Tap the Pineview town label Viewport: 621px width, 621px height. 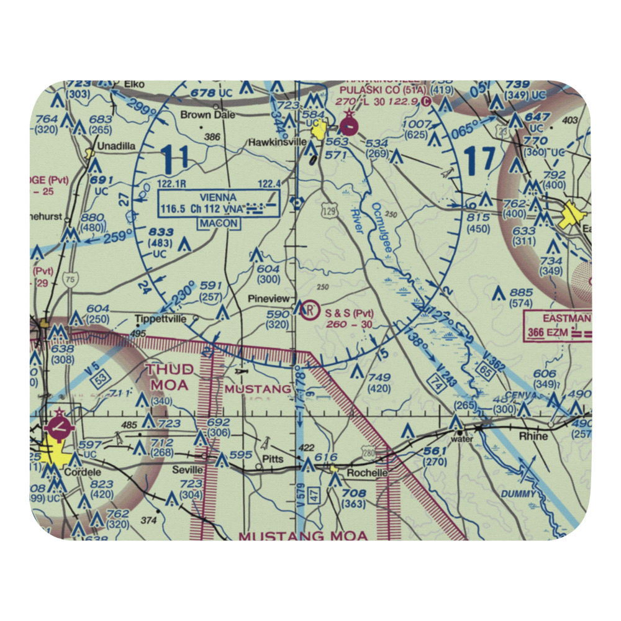(269, 299)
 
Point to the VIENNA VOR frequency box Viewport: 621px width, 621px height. (219, 203)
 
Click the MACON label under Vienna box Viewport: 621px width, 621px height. (219, 223)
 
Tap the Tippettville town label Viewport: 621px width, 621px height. (163, 320)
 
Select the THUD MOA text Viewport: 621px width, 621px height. (170, 377)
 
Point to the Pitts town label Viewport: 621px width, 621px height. (273, 460)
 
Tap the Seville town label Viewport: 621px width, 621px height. (188, 469)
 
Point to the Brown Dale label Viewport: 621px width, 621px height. (201, 115)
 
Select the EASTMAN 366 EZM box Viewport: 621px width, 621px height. (558, 326)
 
